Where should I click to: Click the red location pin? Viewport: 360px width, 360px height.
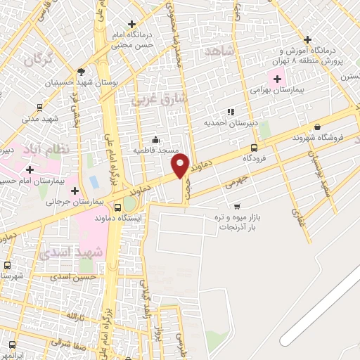tap(180, 165)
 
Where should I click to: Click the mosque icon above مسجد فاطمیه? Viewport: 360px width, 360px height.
tap(155, 139)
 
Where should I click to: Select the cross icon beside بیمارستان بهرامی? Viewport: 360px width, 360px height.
tap(278, 77)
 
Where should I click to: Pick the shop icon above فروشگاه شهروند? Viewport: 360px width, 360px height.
tap(318, 127)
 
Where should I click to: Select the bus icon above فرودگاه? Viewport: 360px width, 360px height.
tap(254, 148)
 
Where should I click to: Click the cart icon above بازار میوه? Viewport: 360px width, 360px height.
tap(237, 207)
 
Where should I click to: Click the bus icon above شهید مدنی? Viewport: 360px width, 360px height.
tap(39, 108)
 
